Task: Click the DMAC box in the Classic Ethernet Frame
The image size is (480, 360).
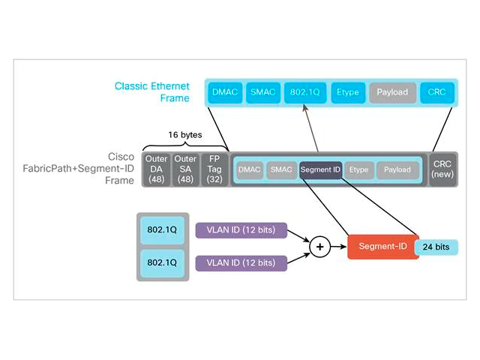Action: click(x=224, y=92)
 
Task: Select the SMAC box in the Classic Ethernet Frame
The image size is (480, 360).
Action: click(x=263, y=92)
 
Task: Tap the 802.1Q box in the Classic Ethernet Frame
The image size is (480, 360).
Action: click(x=304, y=92)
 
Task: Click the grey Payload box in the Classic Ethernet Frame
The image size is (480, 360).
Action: click(x=392, y=92)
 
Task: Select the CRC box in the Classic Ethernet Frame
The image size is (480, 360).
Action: click(x=436, y=92)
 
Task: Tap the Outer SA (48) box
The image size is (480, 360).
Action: click(x=184, y=169)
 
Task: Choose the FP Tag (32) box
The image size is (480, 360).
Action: click(x=214, y=169)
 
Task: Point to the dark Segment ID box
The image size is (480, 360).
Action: click(x=320, y=169)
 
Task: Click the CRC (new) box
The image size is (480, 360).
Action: click(x=442, y=169)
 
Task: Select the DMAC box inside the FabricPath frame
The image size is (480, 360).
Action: click(x=249, y=169)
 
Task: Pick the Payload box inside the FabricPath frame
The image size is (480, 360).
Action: click(x=397, y=169)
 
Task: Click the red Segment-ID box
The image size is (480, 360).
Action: click(x=382, y=246)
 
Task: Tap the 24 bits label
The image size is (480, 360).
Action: click(x=436, y=247)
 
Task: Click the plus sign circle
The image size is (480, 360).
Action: click(x=320, y=246)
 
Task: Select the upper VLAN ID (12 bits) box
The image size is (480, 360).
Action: click(x=241, y=229)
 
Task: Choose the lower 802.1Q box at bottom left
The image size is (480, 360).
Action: click(x=162, y=262)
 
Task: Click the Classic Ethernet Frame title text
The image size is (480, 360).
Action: click(x=152, y=91)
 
